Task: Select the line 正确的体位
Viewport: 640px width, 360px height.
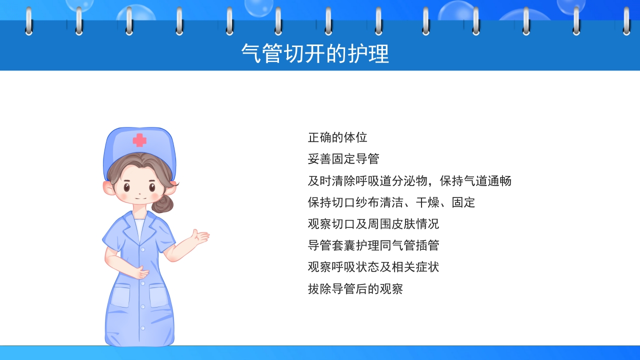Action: pos(337,137)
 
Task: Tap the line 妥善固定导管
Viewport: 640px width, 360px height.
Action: pos(343,159)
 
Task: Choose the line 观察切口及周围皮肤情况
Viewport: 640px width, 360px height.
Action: pos(373,224)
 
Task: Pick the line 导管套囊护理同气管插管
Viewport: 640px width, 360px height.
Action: pos(373,245)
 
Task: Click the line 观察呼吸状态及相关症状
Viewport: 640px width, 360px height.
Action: pos(373,267)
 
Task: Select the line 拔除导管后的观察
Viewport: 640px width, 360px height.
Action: pos(355,288)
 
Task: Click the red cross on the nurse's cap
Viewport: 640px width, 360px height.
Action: pos(139,140)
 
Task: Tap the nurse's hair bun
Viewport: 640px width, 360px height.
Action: pos(163,203)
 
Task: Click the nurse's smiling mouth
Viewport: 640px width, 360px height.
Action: pos(140,198)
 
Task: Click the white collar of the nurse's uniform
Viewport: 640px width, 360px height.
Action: pos(139,227)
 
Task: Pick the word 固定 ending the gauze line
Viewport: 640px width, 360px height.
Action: pos(463,202)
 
